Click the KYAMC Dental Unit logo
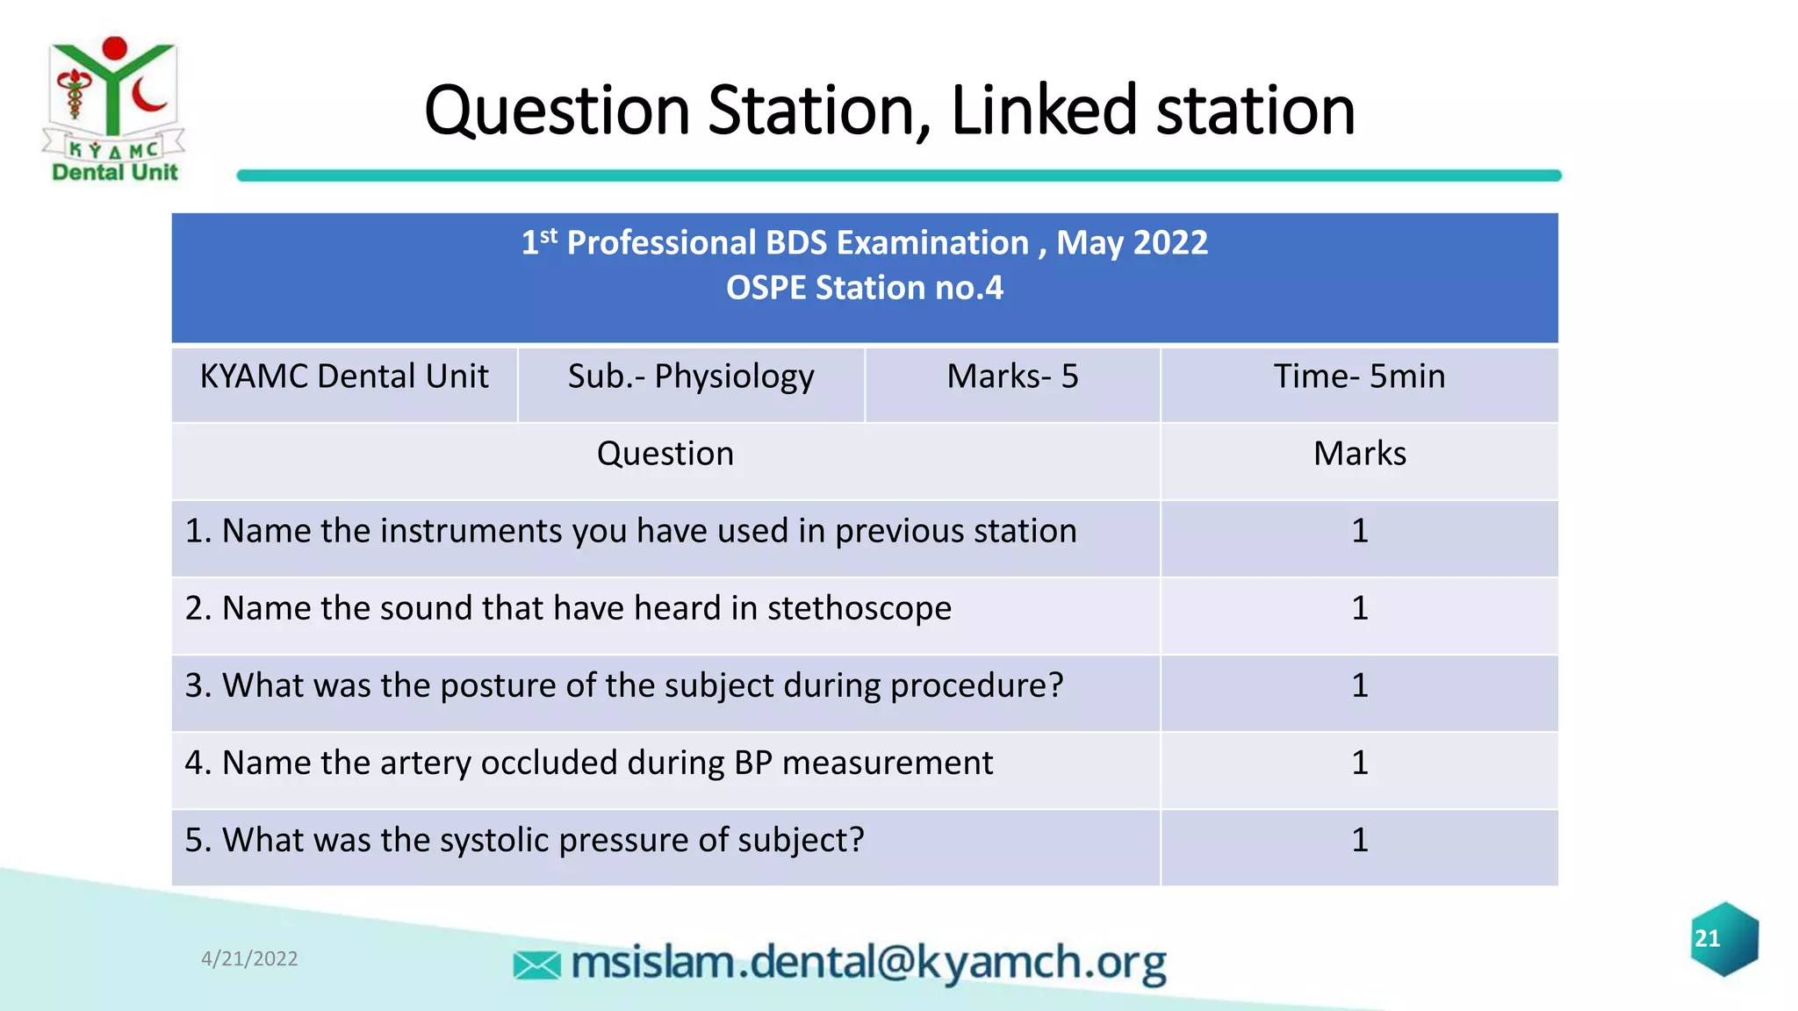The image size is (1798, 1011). coord(114,110)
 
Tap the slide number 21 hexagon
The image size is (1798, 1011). coord(1723,939)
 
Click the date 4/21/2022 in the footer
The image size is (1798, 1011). coord(249,958)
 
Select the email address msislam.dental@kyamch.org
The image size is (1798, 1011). coord(868,963)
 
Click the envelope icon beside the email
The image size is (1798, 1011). coord(536,965)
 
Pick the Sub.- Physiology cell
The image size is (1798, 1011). coord(691,376)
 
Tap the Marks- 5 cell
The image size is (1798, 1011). coord(1012,376)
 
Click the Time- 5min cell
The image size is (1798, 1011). coord(1359,376)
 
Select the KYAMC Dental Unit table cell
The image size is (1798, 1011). coord(344,376)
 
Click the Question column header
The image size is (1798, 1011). coord(665,454)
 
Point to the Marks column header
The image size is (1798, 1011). coord(1359,454)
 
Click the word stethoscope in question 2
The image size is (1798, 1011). coord(859,608)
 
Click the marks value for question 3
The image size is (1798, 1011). coord(1359,685)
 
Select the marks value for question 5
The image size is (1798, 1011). coord(1359,840)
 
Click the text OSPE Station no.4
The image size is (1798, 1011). coord(864,288)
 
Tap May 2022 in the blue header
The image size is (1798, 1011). coord(1132,242)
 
